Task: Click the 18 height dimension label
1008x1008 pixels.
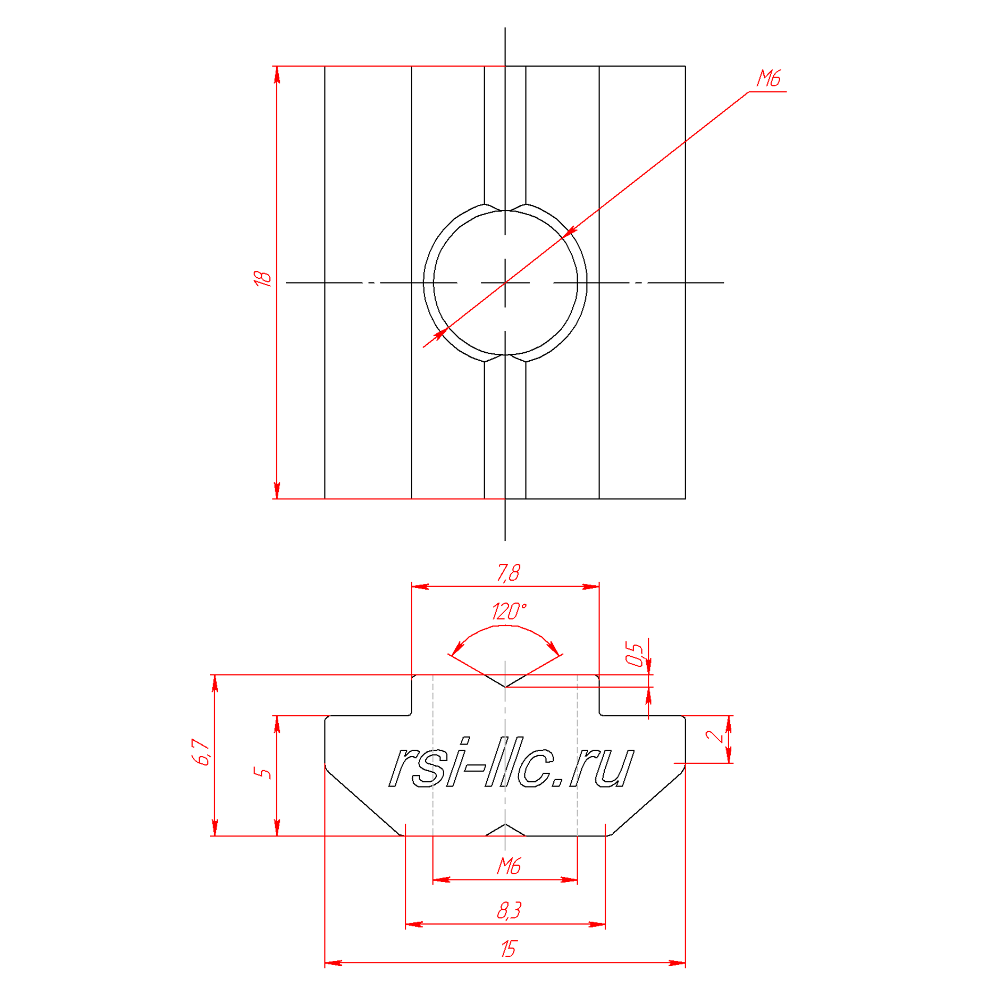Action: pyautogui.click(x=262, y=279)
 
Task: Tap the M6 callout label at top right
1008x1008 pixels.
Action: pyautogui.click(x=768, y=79)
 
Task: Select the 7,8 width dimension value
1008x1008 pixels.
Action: pyautogui.click(x=508, y=573)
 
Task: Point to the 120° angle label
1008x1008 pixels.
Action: pyautogui.click(x=508, y=611)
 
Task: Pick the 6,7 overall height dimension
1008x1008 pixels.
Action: pyautogui.click(x=202, y=752)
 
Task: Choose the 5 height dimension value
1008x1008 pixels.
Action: pyautogui.click(x=262, y=773)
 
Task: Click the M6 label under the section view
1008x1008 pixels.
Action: pyautogui.click(x=508, y=866)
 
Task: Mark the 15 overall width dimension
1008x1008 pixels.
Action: pyautogui.click(x=508, y=949)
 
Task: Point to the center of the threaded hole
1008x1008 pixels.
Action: pyautogui.click(x=505, y=283)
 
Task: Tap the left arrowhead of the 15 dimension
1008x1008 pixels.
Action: pyautogui.click(x=333, y=963)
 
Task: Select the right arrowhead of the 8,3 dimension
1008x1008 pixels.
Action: pyautogui.click(x=597, y=924)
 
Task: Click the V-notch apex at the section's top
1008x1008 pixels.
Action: pyautogui.click(x=505, y=687)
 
